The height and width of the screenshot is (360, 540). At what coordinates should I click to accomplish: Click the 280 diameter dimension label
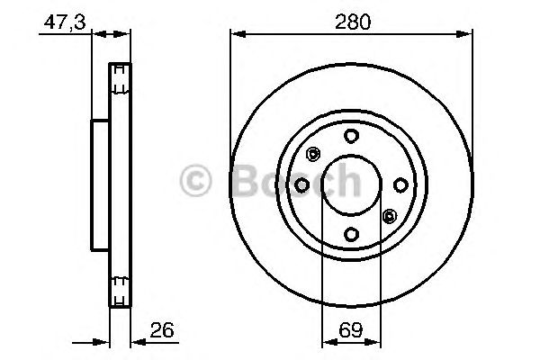click(352, 22)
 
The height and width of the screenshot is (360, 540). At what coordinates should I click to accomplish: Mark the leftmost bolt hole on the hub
click(302, 184)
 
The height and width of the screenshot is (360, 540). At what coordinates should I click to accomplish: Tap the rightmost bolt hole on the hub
click(400, 184)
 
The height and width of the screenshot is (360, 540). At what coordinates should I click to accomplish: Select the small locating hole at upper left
click(313, 153)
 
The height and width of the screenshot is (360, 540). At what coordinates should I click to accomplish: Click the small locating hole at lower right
click(389, 216)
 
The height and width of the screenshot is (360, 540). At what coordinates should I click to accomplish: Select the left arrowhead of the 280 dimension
click(236, 34)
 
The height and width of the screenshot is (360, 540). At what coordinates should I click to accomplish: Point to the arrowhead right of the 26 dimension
click(137, 341)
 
